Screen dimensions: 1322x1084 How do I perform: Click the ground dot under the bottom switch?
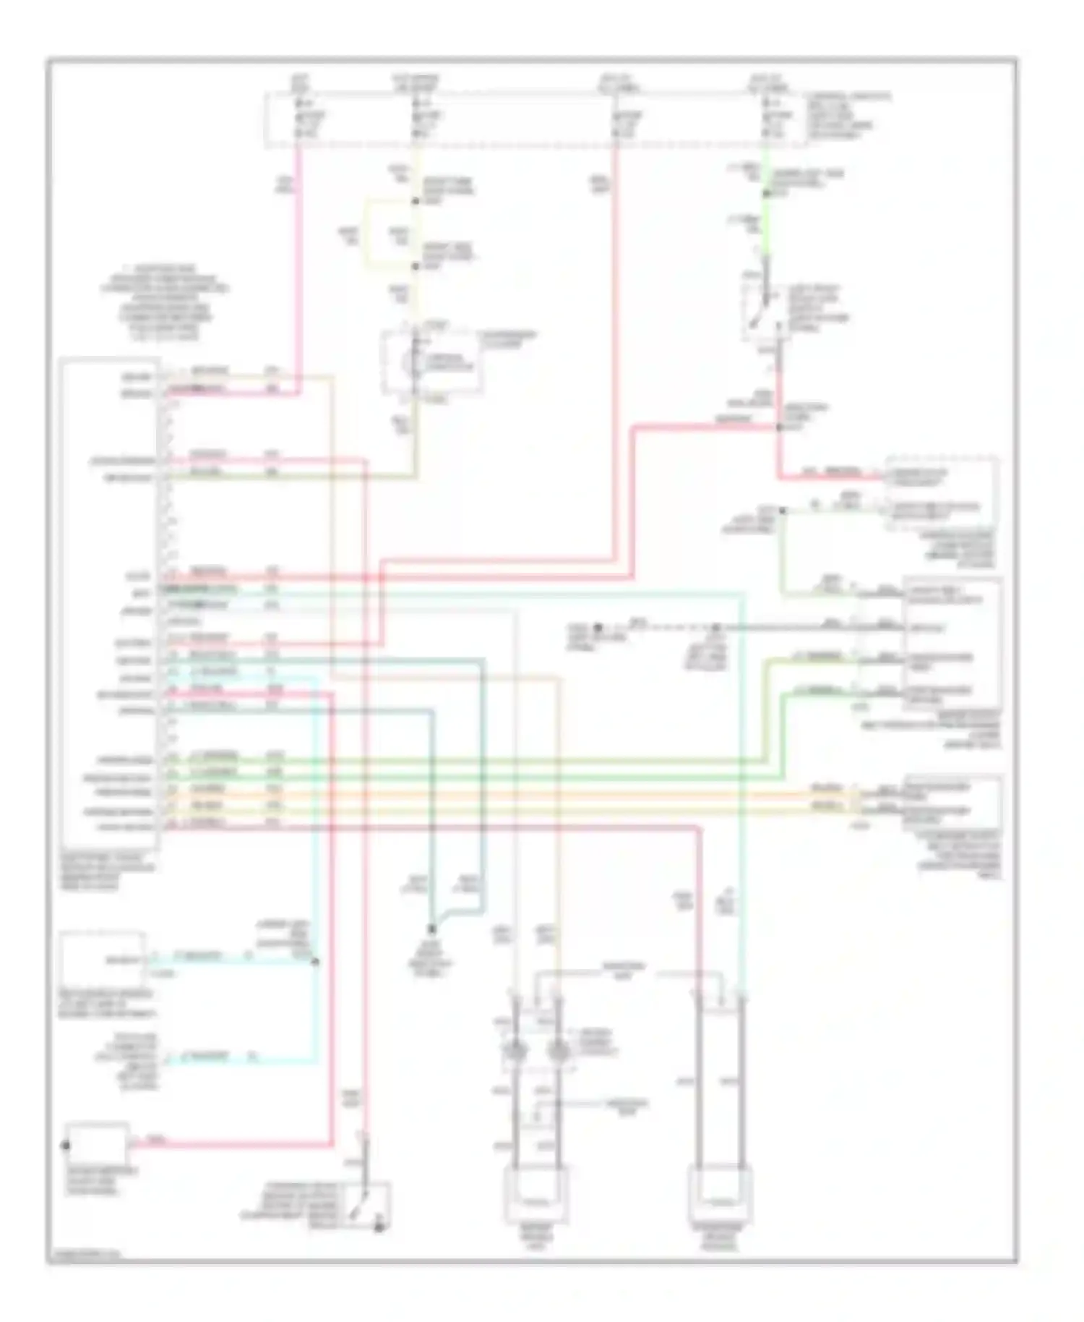point(379,1228)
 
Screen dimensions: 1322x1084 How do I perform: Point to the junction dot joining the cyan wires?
point(315,962)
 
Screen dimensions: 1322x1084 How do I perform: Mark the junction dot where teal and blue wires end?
point(431,929)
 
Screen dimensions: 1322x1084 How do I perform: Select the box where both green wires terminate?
point(952,643)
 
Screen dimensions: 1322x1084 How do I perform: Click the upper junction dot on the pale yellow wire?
point(416,201)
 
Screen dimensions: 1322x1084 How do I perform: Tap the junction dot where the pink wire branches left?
point(778,427)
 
